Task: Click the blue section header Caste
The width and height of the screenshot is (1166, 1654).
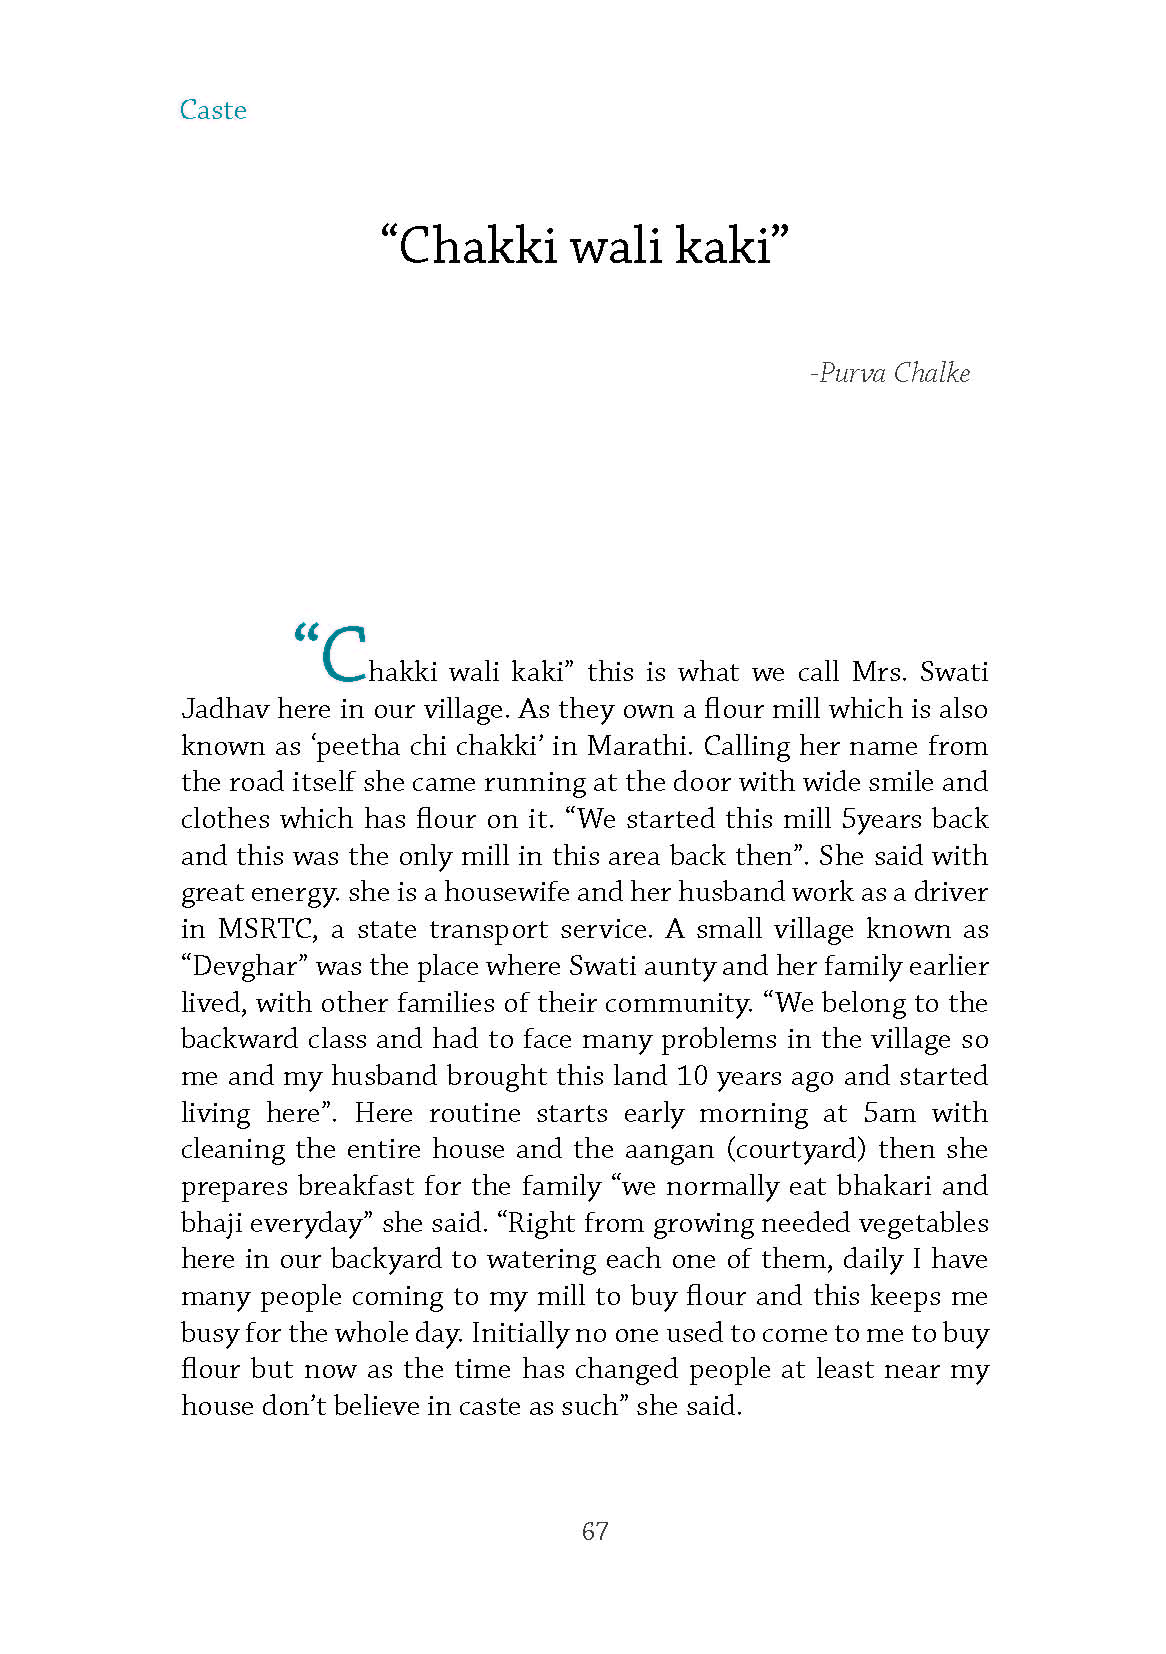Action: click(213, 110)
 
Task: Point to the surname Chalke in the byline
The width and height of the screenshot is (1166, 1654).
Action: click(932, 373)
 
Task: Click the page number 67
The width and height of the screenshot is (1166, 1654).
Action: click(595, 1531)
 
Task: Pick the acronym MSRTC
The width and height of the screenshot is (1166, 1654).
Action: click(266, 929)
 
